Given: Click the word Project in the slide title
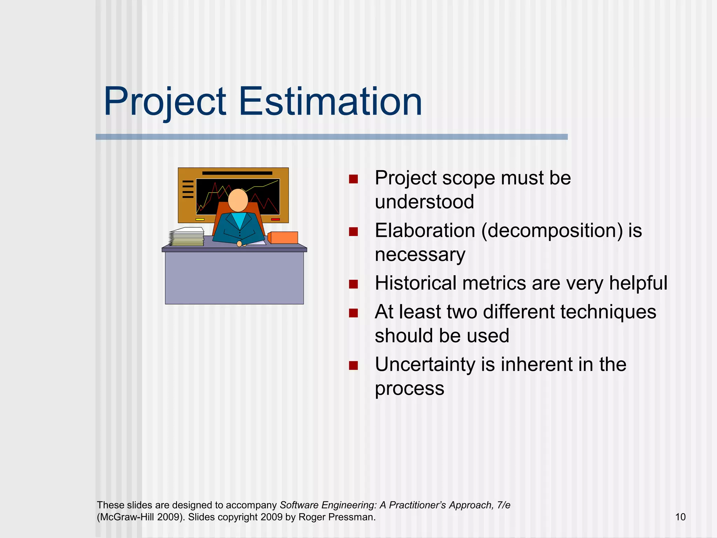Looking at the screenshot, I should coord(165,102).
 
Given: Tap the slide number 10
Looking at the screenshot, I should coord(680,517).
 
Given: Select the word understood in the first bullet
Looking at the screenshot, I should coord(424,202).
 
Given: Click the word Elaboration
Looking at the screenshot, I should coord(425,230).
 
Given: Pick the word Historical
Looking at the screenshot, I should coord(415,283).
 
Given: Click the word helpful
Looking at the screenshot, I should coord(638,283).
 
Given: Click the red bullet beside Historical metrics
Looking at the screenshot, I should coord(353,284).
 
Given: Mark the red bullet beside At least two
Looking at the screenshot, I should coord(353,312).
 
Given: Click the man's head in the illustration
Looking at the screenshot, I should coord(238,200).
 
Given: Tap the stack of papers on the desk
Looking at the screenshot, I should coord(187,237).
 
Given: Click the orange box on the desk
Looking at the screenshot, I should coord(283,237).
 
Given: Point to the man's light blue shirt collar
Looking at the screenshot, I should coord(240,220).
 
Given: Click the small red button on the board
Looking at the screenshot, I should coord(276,219).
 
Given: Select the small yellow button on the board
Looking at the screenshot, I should coord(200,219).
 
